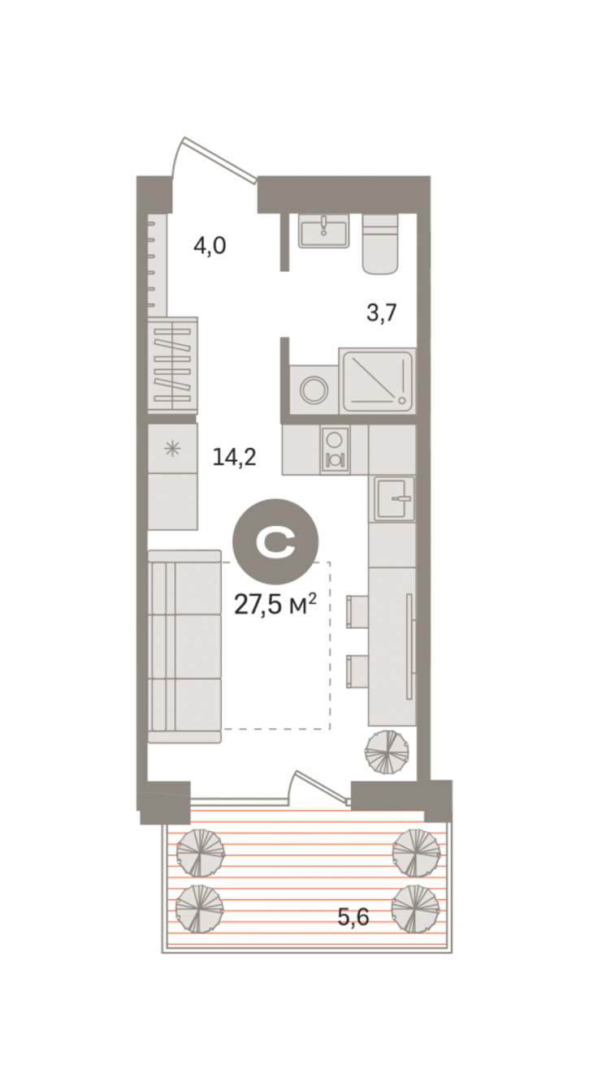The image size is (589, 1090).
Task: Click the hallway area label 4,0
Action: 210,246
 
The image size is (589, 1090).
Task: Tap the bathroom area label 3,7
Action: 382,312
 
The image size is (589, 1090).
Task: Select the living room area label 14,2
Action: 234,457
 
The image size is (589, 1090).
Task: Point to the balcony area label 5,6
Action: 353,917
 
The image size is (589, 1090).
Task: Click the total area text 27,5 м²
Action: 275,605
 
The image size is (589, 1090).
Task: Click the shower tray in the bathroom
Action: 377,381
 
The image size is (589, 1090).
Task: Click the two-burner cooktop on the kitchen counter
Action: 335,450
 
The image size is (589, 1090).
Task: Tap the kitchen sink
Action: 395,499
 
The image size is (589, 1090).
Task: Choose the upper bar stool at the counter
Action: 357,611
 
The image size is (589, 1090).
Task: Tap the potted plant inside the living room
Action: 387,752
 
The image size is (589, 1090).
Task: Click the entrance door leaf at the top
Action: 219,160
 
